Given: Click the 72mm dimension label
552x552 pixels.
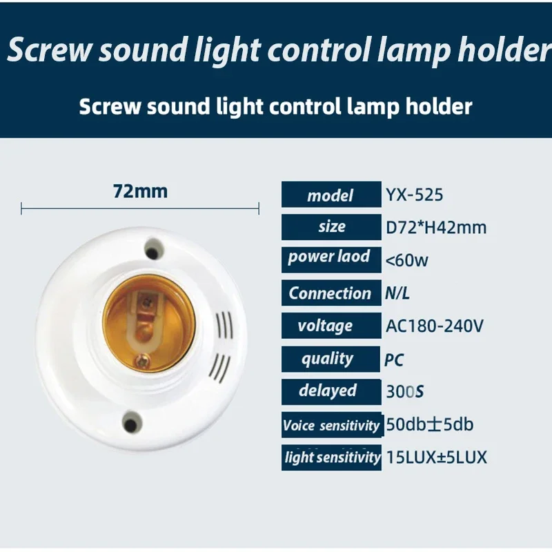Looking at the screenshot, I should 140,191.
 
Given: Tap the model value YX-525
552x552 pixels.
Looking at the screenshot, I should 415,195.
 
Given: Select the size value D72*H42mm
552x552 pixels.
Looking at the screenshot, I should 436,227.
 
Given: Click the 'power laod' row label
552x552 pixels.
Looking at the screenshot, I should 330,258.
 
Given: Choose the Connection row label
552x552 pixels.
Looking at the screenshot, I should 330,293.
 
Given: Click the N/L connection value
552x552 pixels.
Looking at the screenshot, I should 397,293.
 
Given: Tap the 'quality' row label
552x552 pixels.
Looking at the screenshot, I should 328,359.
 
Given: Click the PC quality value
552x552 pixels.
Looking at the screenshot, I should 394,359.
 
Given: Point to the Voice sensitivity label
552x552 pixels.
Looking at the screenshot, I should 331,425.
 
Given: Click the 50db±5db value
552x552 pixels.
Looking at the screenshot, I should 429,424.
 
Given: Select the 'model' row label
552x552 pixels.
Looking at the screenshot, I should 330,196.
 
